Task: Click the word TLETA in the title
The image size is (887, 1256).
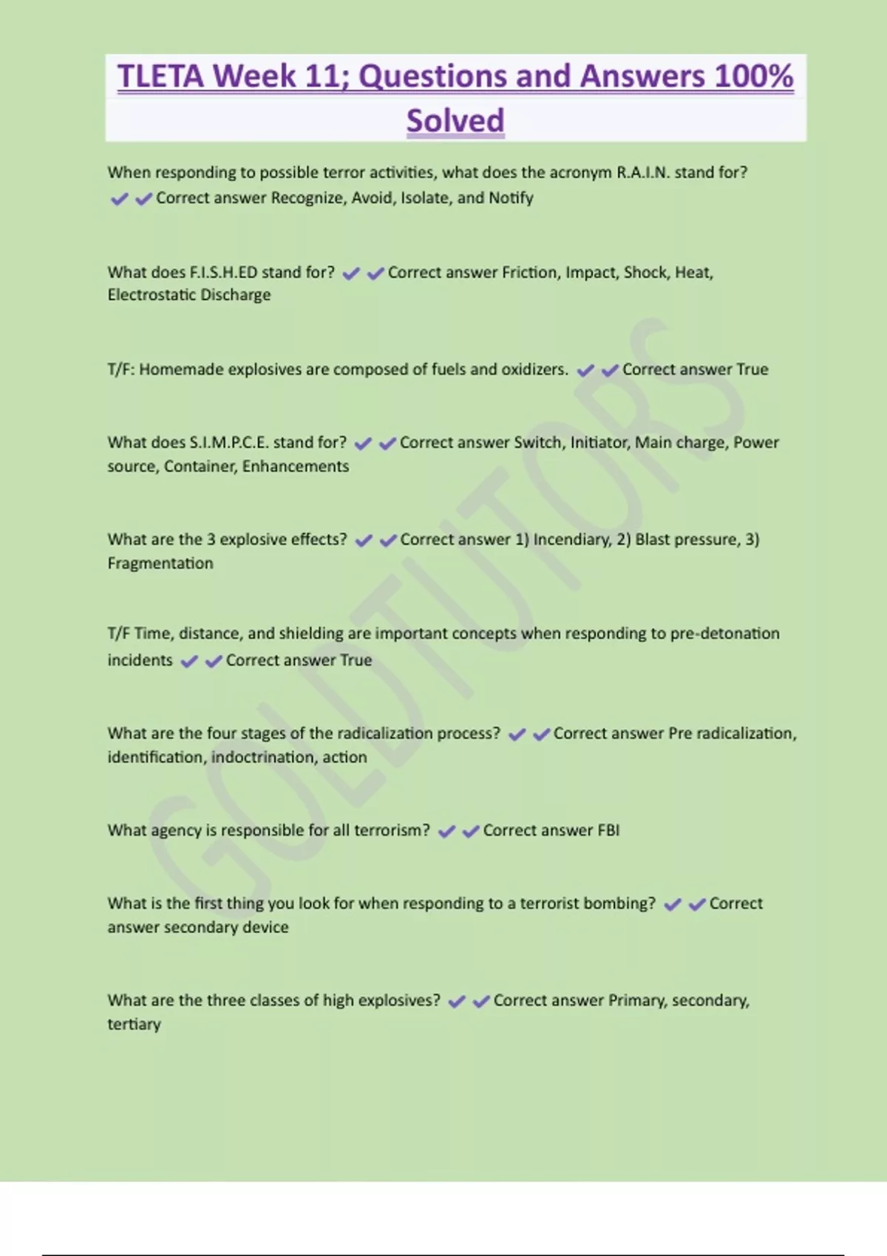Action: pos(160,76)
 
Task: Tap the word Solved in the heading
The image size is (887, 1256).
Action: pos(455,120)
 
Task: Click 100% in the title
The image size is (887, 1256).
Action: pos(754,76)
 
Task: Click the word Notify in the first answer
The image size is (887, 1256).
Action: pos(511,198)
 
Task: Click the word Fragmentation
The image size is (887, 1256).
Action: pos(160,563)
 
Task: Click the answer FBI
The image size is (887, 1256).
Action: pos(608,830)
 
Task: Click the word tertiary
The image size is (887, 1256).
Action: pos(134,1024)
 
